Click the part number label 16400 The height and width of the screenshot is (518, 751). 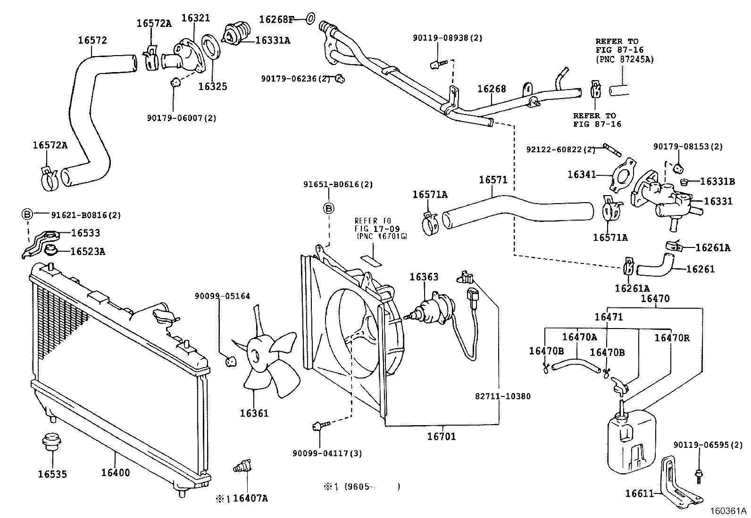[115, 473]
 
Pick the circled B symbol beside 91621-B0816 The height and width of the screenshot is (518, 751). [27, 215]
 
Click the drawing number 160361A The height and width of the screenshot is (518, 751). [728, 511]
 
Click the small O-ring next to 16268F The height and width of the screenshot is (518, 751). [310, 19]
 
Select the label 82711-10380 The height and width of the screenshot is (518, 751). [502, 396]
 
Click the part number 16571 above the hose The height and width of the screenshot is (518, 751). [493, 180]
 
